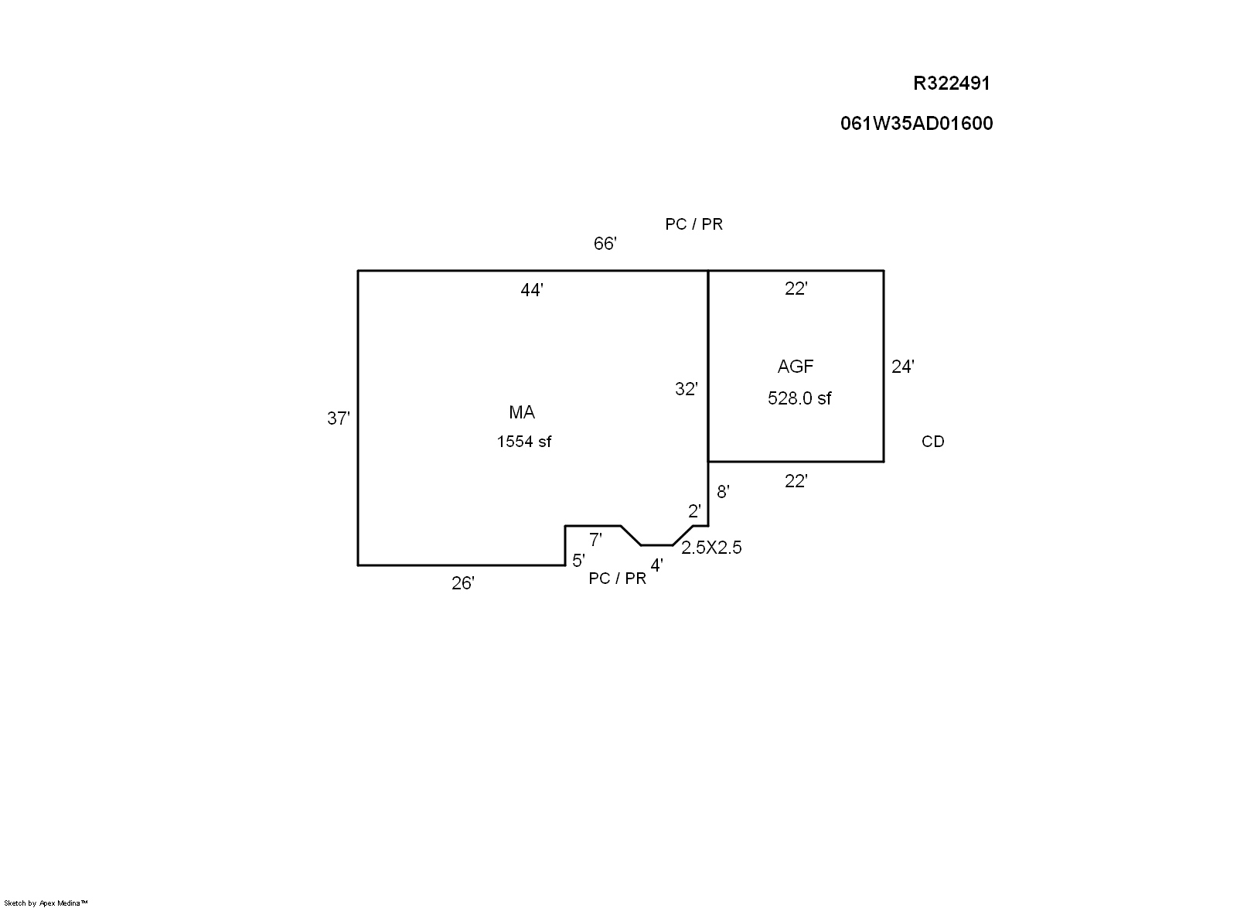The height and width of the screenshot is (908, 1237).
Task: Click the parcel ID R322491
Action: point(951,84)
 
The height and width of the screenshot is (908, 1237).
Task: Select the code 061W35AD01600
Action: point(916,124)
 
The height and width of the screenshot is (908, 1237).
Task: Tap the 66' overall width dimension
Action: point(605,244)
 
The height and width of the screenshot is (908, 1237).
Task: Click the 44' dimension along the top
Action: point(532,291)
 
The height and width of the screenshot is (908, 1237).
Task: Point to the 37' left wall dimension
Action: point(339,419)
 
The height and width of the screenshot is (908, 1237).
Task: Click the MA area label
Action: point(522,413)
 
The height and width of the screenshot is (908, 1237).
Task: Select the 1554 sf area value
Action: point(523,442)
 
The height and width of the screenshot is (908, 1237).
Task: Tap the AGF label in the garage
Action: point(796,367)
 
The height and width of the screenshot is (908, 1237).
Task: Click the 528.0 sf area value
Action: point(799,398)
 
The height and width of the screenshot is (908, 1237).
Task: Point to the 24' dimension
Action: point(902,367)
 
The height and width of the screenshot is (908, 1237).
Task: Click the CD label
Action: point(932,442)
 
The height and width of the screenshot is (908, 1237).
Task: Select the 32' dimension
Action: point(686,390)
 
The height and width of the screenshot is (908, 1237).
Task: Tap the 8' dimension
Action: point(723,492)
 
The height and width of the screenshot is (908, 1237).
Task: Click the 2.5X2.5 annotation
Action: point(711,548)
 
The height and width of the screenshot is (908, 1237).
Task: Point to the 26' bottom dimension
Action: point(462,584)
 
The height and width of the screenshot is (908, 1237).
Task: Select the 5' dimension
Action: point(578,561)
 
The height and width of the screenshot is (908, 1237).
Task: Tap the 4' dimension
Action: point(656,566)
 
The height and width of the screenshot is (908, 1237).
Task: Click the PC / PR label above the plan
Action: point(693,224)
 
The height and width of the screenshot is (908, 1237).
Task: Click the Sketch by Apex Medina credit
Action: point(46,903)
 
